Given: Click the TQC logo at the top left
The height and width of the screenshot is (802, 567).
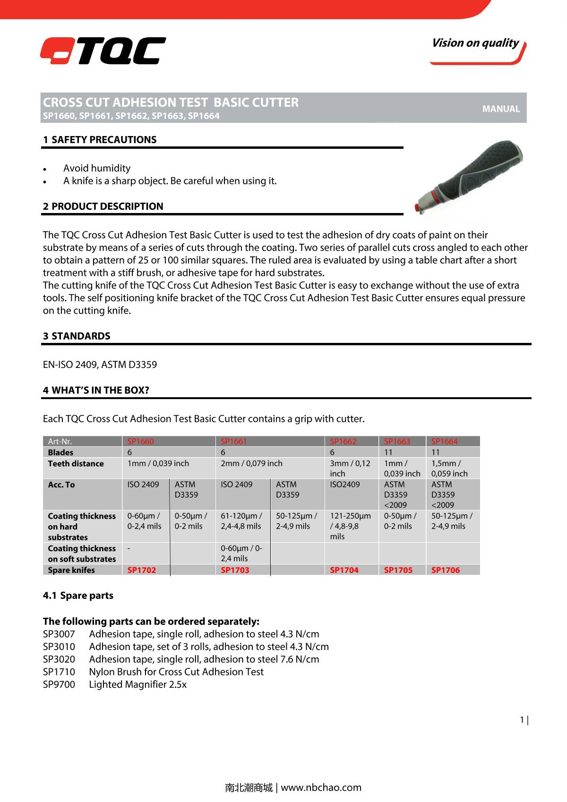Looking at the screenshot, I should click(103, 51).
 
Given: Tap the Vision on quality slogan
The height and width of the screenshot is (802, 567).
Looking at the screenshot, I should click(475, 43).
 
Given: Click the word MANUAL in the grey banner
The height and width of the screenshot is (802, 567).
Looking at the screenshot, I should click(501, 109).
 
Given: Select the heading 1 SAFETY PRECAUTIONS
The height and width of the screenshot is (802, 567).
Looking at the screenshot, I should click(100, 140).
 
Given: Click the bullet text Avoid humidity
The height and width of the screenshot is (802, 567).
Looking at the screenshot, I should click(97, 168).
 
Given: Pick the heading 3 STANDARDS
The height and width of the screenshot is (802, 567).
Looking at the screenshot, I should click(77, 336).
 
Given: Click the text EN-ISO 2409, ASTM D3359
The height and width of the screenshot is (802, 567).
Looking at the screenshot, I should click(100, 365).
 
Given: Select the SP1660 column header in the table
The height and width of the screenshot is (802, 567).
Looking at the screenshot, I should click(141, 442).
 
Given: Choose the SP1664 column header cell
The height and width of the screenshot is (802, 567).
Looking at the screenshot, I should click(445, 442).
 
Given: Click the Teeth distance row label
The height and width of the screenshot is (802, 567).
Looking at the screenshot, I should click(76, 464).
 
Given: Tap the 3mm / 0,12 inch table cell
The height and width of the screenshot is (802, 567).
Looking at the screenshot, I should click(350, 469).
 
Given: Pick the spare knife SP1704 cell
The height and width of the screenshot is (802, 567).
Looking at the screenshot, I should click(344, 570).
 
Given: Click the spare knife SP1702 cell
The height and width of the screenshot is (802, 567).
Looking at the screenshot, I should click(142, 570).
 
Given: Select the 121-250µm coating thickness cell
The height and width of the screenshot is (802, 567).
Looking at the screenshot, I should click(351, 526).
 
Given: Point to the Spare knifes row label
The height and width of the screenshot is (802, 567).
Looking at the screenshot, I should click(71, 570).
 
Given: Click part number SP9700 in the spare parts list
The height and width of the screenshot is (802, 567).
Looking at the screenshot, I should click(59, 684).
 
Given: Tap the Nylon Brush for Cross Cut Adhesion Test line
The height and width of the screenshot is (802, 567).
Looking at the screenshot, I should click(176, 672).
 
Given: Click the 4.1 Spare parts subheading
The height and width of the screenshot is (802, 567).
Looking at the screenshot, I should click(78, 596).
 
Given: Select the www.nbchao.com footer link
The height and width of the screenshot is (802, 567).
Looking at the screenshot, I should click(321, 787).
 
